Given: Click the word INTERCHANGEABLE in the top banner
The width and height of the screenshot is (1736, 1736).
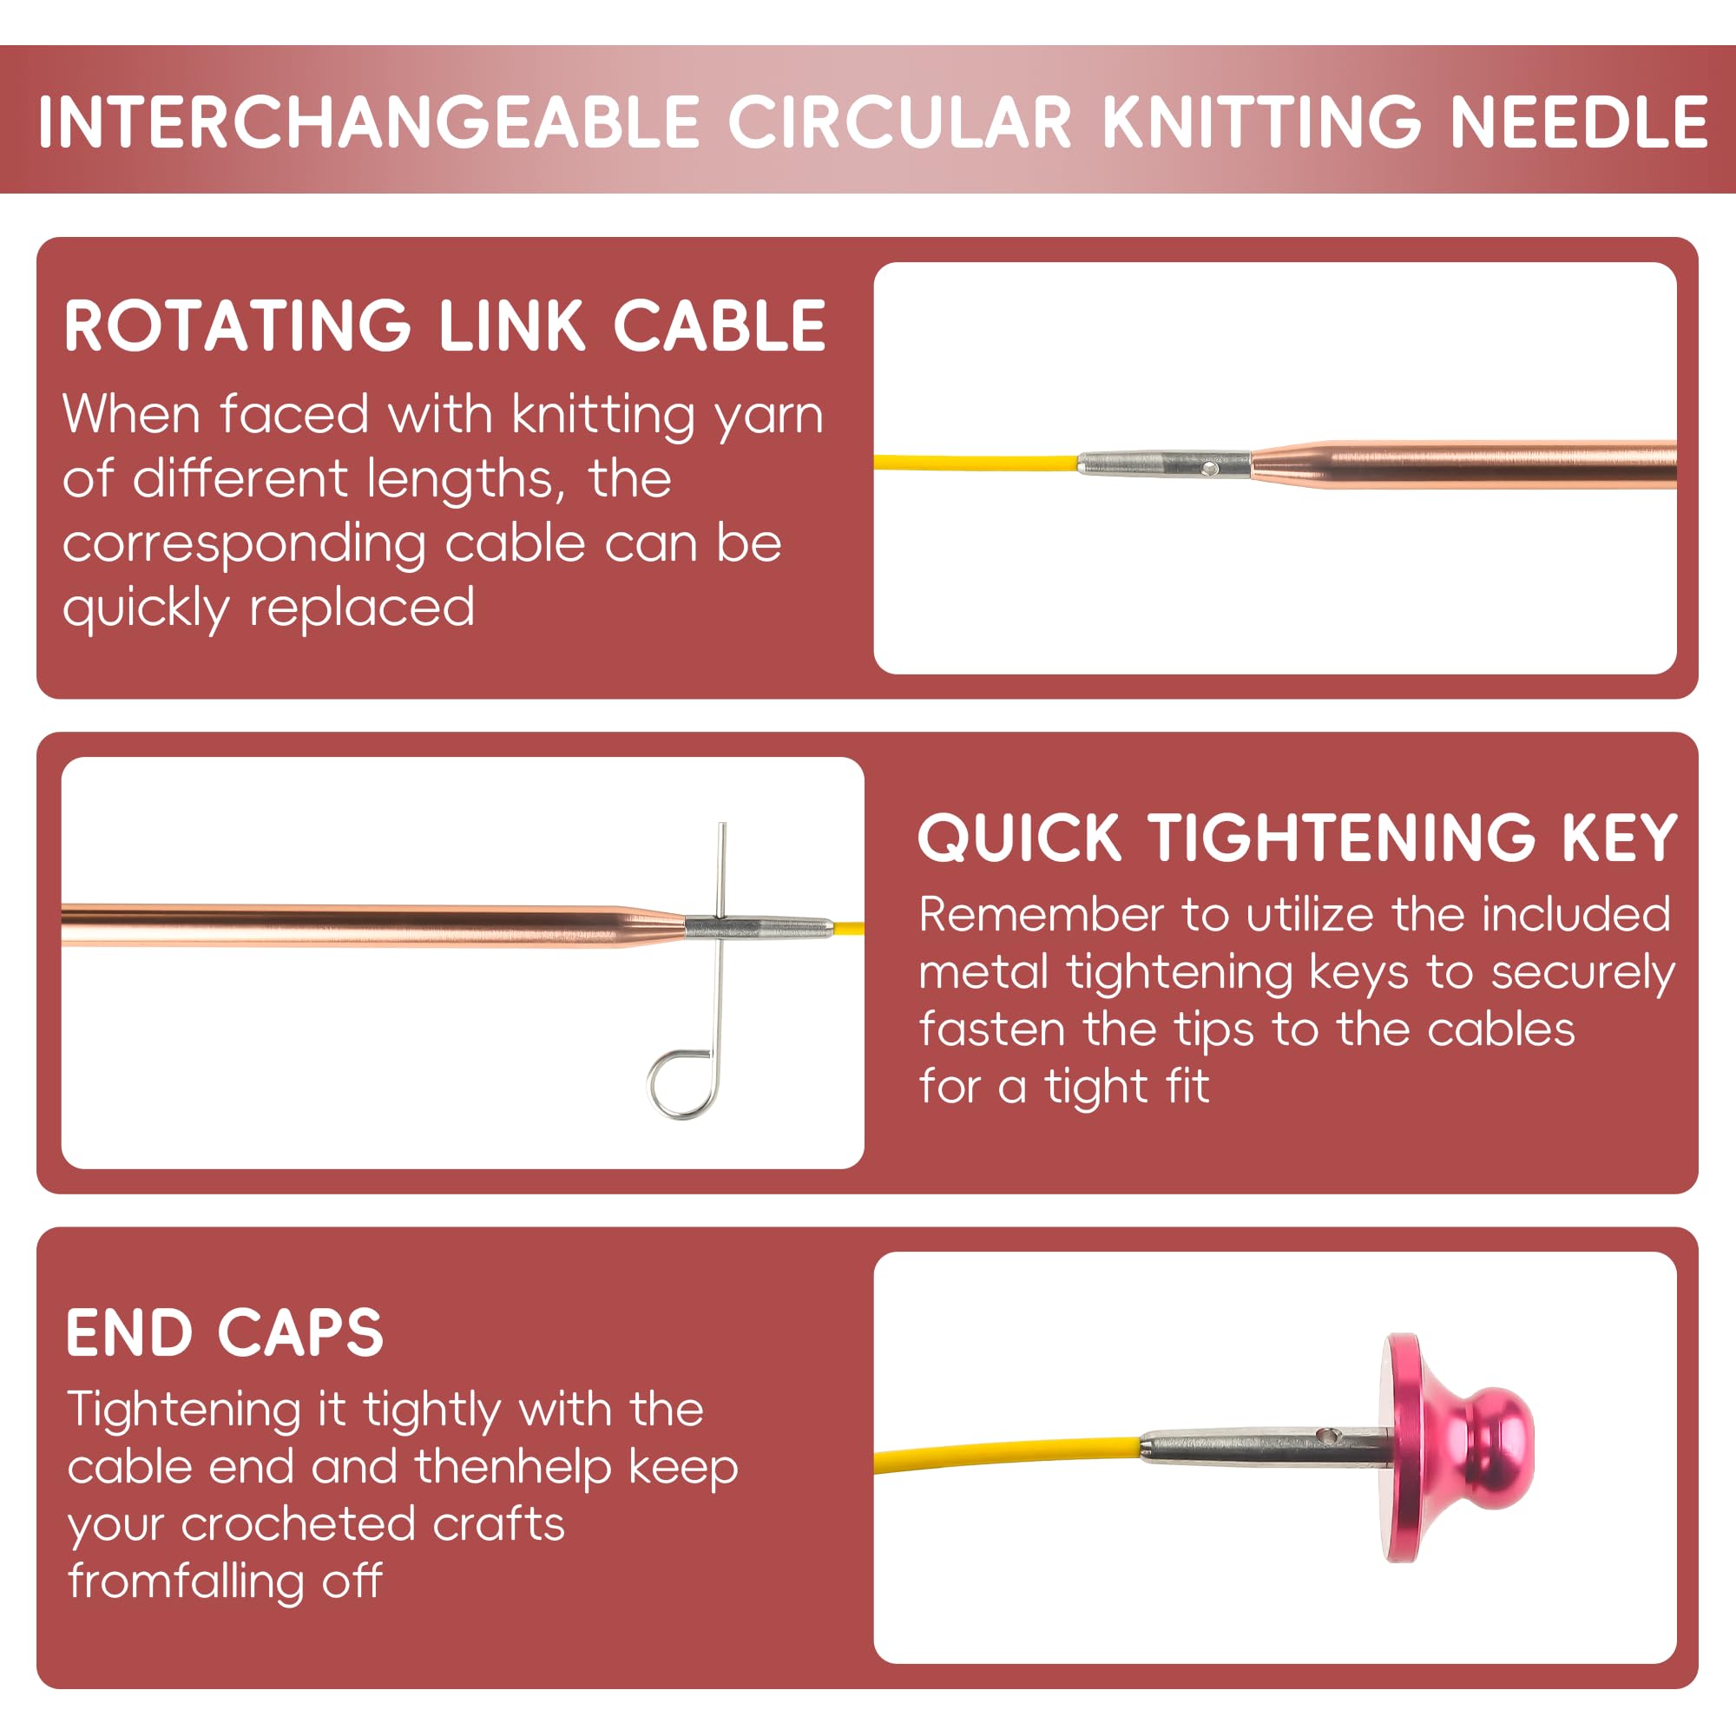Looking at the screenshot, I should point(368,122).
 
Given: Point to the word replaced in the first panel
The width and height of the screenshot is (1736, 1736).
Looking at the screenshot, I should point(361,608).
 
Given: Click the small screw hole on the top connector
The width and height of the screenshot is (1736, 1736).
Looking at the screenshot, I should point(1209,468).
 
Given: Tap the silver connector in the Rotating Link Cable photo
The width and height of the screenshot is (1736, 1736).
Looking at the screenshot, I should point(1164,464).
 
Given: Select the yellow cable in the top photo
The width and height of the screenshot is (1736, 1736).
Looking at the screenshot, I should point(975,464).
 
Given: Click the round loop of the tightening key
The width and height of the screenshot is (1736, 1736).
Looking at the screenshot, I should point(681,1084).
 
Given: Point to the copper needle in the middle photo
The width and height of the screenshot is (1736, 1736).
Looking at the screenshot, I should point(359,925).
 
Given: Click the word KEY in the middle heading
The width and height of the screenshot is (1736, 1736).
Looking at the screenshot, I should point(1619,838).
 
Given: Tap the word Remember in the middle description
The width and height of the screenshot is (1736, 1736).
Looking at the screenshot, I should point(1042,915).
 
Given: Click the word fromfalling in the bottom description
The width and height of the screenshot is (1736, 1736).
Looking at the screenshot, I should point(185,1581).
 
